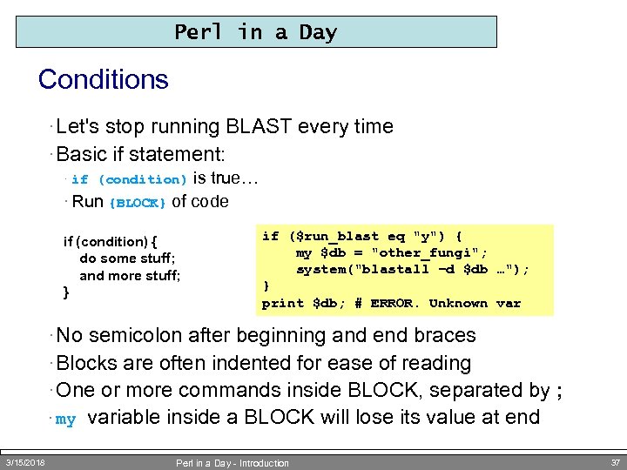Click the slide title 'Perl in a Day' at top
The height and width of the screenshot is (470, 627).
[x=255, y=32]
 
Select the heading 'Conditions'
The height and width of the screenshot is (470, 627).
[x=103, y=80]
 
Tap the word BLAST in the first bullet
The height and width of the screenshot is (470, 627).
[x=259, y=127]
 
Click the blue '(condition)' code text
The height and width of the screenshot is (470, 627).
[x=142, y=180]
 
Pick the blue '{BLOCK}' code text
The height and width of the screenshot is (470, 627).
[x=138, y=203]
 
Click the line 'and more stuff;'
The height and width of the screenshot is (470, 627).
[x=130, y=276]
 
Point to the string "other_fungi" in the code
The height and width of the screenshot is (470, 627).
[x=435, y=252]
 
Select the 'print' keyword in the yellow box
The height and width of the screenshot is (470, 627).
[x=282, y=303]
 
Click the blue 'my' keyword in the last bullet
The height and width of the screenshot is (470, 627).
[x=65, y=420]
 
